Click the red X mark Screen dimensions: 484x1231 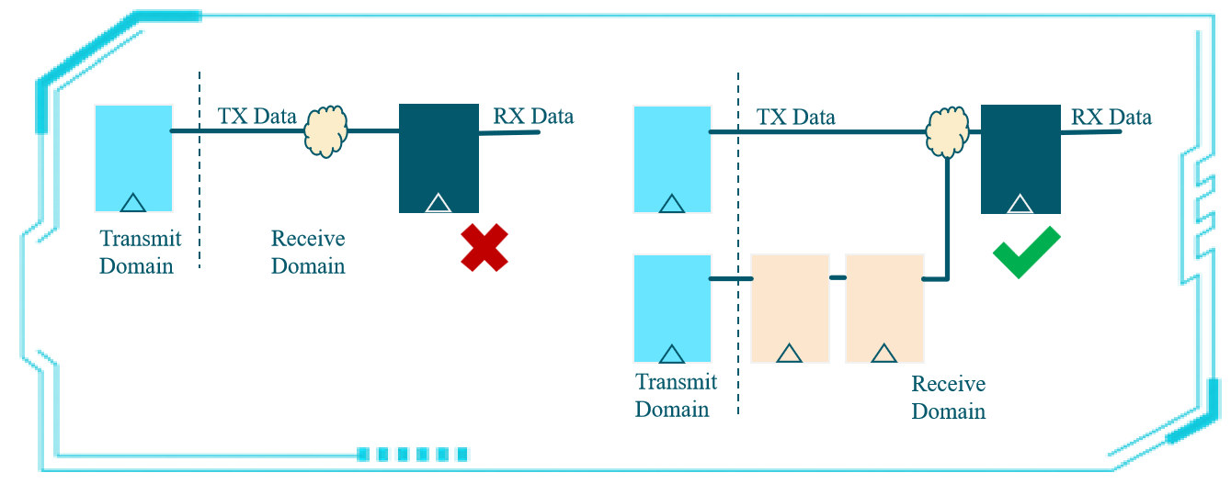[x=484, y=248]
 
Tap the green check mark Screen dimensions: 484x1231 [x=1027, y=252]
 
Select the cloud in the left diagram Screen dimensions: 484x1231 [x=326, y=130]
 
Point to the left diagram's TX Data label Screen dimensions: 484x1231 [x=256, y=117]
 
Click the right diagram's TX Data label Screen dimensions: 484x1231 [x=795, y=118]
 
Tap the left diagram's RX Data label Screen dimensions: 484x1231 [x=533, y=116]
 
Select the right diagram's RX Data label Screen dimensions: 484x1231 [x=1111, y=118]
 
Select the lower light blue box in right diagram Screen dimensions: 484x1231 [x=672, y=309]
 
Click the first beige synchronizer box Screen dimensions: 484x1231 [x=790, y=309]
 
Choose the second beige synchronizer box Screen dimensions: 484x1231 [x=883, y=309]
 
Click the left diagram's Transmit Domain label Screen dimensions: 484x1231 [x=141, y=253]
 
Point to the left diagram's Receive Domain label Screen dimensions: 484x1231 [x=308, y=253]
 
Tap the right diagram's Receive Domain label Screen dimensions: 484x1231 [x=948, y=397]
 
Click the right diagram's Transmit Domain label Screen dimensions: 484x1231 [x=676, y=395]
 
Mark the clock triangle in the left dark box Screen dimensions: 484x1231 [x=439, y=202]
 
